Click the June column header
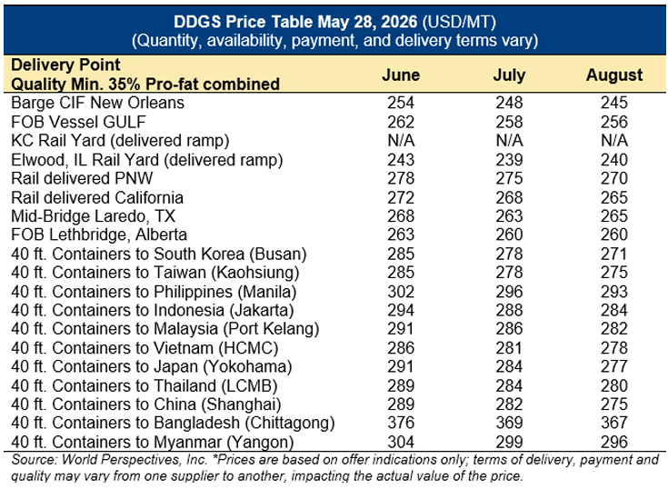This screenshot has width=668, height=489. click(x=401, y=75)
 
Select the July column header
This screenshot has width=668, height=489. click(x=509, y=75)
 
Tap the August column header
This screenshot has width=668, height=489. click(x=613, y=75)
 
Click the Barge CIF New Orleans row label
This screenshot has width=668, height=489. click(x=97, y=103)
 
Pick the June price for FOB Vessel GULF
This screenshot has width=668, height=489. click(x=401, y=122)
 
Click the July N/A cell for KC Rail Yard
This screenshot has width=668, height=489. click(x=509, y=141)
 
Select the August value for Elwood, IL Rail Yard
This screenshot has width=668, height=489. click(x=613, y=160)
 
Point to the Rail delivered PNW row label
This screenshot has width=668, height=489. click(x=82, y=178)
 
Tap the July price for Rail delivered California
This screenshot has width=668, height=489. click(x=509, y=197)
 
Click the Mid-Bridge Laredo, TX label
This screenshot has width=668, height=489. click(x=94, y=216)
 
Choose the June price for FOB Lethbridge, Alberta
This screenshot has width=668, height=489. click(x=401, y=235)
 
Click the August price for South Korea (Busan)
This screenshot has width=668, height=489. click(x=613, y=254)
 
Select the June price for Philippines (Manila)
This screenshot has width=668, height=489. click(x=401, y=292)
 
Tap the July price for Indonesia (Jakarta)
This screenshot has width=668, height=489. click(x=509, y=310)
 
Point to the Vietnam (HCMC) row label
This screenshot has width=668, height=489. click(x=145, y=348)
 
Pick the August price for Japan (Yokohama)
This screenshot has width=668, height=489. click(x=613, y=366)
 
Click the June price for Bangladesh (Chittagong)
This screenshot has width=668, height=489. click(x=401, y=423)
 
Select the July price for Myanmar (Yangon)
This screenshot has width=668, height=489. click(x=509, y=442)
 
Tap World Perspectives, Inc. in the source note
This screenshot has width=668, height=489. click(x=135, y=460)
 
